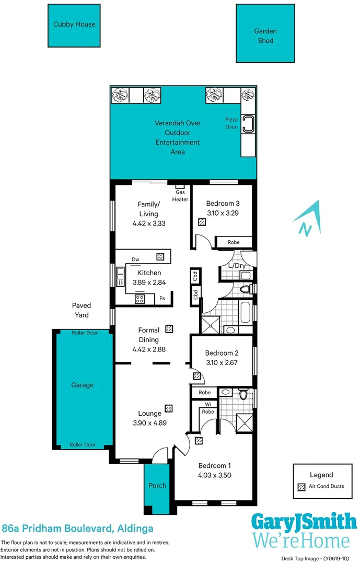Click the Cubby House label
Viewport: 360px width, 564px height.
74,24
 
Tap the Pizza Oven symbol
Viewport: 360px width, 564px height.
248,124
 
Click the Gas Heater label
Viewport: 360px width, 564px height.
180,195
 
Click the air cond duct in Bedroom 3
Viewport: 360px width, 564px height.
202,222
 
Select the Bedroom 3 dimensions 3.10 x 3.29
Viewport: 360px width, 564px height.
222,213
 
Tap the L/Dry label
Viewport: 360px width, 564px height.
237,265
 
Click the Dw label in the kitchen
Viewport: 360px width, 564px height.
135,259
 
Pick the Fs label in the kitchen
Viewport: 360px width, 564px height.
162,299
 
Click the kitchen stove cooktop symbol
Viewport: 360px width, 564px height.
140,299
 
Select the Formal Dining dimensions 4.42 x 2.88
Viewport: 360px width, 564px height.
149,349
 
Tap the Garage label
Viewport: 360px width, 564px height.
82,385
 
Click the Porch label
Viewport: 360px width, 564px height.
157,485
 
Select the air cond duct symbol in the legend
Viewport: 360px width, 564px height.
301,487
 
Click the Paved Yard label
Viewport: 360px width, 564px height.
82,310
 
